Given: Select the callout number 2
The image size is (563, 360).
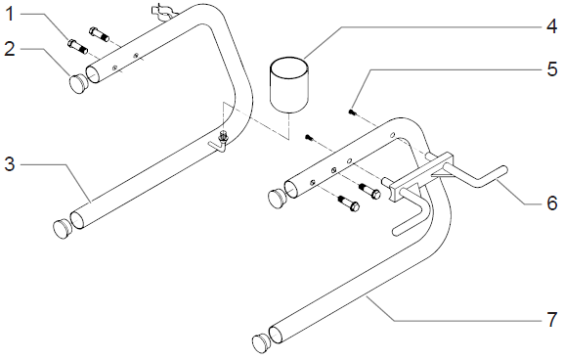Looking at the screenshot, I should click(x=10, y=48).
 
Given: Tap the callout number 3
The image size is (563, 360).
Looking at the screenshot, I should click(x=10, y=164).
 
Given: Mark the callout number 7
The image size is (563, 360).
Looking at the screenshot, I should click(x=551, y=320).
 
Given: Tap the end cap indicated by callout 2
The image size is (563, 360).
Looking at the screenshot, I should click(x=78, y=84).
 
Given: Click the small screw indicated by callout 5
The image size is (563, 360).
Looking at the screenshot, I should click(x=351, y=112).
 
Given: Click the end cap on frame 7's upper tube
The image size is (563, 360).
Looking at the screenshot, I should click(x=278, y=199).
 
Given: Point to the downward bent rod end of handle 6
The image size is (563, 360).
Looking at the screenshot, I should click(x=409, y=220).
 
